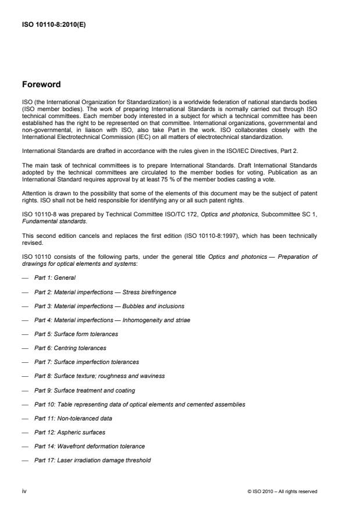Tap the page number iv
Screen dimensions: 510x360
24,491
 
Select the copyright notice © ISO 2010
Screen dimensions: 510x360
282,491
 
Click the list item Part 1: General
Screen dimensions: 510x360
56,277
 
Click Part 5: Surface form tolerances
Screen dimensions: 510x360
84,333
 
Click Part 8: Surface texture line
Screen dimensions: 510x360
99,376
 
